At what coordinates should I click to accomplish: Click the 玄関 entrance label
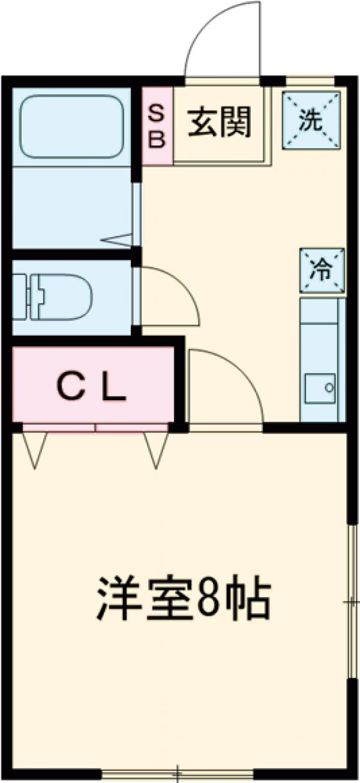click(220, 124)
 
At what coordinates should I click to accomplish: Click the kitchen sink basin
click(319, 388)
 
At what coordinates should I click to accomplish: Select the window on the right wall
click(352, 600)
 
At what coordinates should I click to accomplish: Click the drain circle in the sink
click(328, 388)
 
